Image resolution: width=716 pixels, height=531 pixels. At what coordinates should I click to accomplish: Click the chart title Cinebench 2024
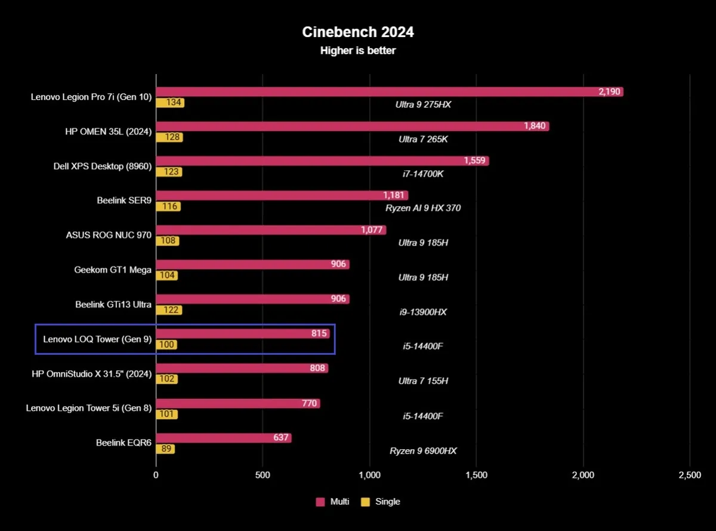(357, 32)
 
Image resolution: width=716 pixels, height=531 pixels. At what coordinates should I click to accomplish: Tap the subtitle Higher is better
(357, 51)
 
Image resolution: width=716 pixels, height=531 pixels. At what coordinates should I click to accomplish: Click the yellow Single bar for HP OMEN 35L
(169, 137)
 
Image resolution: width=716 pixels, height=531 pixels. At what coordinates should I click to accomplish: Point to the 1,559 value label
(476, 161)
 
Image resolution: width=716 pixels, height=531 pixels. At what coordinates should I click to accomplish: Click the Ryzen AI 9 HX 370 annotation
(423, 208)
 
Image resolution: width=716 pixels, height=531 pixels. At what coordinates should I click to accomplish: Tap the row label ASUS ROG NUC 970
(109, 235)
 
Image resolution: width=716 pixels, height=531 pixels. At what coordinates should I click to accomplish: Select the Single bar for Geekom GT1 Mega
(167, 275)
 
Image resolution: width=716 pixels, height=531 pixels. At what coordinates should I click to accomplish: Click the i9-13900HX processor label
(423, 312)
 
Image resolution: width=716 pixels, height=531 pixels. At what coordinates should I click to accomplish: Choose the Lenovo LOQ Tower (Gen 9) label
(97, 339)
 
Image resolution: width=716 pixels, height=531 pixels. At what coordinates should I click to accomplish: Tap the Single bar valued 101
(167, 414)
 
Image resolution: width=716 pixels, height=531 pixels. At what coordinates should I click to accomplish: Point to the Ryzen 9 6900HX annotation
(423, 451)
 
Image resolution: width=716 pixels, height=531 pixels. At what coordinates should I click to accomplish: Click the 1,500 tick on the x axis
(476, 475)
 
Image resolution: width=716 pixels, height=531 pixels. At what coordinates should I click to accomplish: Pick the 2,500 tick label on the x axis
(689, 475)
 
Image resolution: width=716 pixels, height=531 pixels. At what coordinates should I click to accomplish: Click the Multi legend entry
(333, 502)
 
